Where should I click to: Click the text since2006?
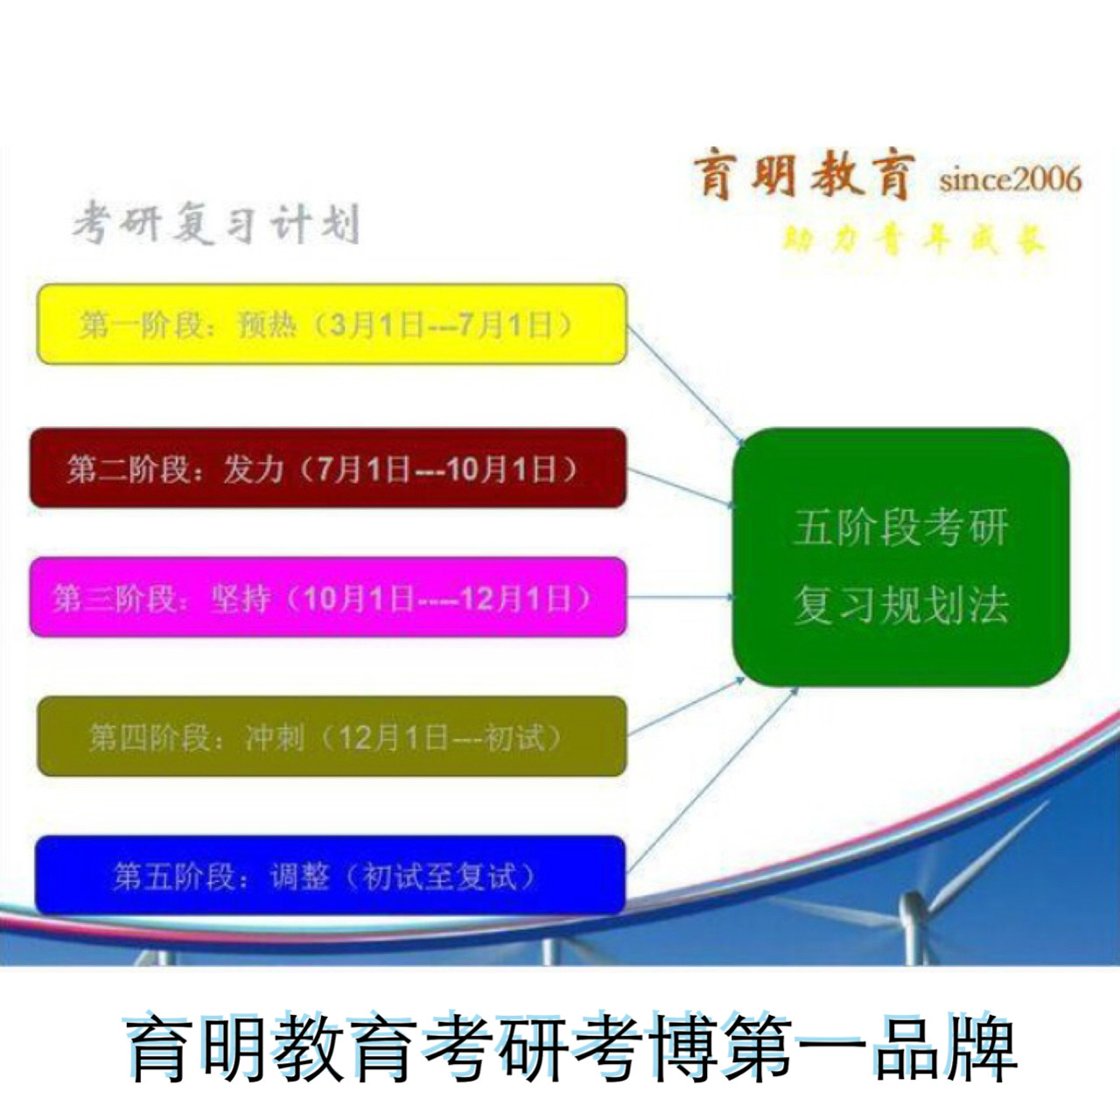1010,179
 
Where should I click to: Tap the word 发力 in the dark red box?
254,469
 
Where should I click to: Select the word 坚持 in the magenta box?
239,599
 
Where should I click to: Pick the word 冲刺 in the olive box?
275,737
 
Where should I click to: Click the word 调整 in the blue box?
299,876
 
